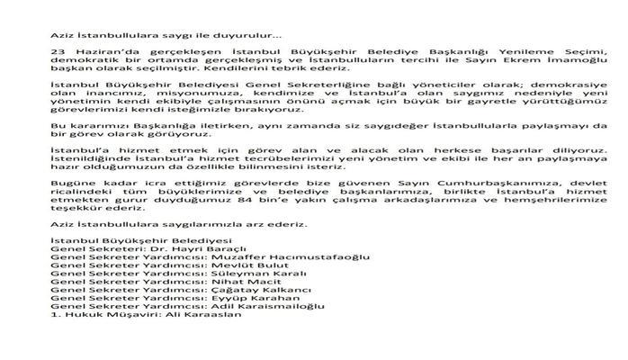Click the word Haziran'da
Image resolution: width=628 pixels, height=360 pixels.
point(99,53)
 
